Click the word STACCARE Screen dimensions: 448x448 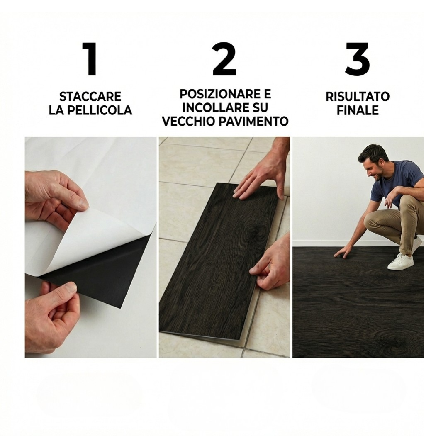pos(90,97)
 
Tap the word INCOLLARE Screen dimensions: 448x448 pos(210,108)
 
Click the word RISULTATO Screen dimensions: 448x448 pos(358,97)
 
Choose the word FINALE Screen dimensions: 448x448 pos(358,110)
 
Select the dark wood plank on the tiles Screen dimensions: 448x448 pos(220,261)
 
